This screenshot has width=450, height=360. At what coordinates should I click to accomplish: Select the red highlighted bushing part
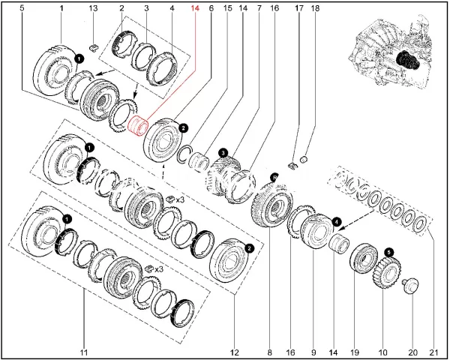(136, 124)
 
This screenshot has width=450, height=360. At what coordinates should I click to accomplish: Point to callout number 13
(92, 7)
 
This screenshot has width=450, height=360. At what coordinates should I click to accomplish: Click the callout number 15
(227, 7)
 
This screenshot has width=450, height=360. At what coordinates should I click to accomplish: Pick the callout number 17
(299, 7)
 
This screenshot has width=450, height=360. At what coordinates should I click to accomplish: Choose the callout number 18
(315, 7)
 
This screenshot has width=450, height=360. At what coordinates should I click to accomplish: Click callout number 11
(83, 352)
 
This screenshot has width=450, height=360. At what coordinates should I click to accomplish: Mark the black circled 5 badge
(388, 252)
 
